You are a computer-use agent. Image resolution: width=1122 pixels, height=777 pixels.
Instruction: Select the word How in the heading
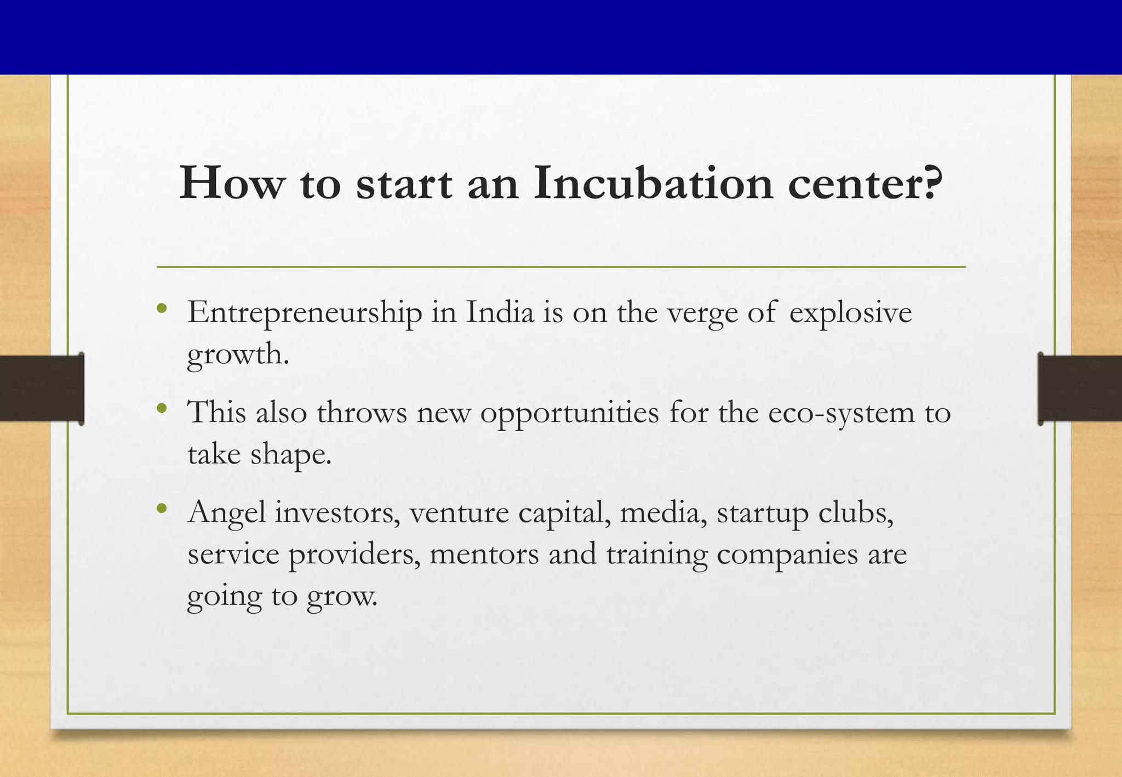tap(232, 184)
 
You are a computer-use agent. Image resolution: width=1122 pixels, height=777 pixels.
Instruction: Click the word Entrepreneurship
tap(305, 314)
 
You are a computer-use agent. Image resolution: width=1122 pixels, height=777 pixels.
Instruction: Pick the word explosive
tap(850, 314)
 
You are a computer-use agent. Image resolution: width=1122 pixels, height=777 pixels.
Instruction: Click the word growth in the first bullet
tap(237, 355)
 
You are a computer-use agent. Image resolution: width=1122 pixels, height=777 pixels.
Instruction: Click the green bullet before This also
tap(161, 408)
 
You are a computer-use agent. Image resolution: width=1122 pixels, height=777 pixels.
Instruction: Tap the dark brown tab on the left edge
tap(42, 388)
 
